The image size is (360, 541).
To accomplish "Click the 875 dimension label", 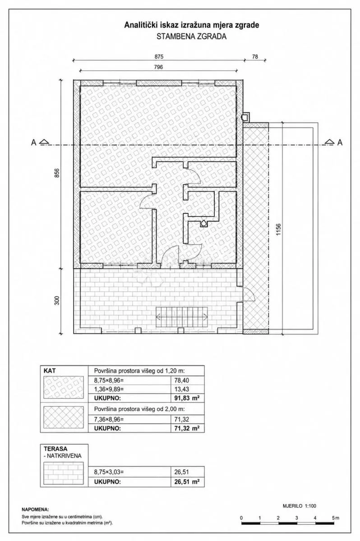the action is pyautogui.click(x=159, y=56).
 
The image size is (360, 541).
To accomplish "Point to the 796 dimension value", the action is pyautogui.click(x=158, y=67).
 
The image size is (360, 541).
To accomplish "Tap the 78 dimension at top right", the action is pyautogui.click(x=255, y=56).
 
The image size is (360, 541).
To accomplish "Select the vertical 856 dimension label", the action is pyautogui.click(x=56, y=173).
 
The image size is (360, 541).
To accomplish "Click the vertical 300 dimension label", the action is pyautogui.click(x=56, y=300).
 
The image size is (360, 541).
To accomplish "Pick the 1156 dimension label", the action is pyautogui.click(x=278, y=229).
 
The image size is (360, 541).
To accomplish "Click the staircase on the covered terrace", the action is pyautogui.click(x=182, y=316).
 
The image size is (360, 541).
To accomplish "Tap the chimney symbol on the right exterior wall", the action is pyautogui.click(x=246, y=117).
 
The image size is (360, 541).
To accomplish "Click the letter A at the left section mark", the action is pyautogui.click(x=33, y=143).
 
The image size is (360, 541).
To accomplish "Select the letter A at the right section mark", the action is pyautogui.click(x=340, y=143).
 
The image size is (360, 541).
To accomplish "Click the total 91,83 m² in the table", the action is pyautogui.click(x=187, y=398).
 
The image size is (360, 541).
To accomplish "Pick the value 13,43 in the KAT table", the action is pyautogui.click(x=181, y=389).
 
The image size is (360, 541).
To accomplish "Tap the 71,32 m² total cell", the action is pyautogui.click(x=187, y=428).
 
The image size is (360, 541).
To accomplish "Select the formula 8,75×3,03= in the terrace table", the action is pyautogui.click(x=109, y=472).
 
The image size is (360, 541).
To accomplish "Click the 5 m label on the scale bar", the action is pyautogui.click(x=335, y=518).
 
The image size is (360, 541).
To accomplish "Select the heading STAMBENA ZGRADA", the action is pyautogui.click(x=191, y=37).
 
